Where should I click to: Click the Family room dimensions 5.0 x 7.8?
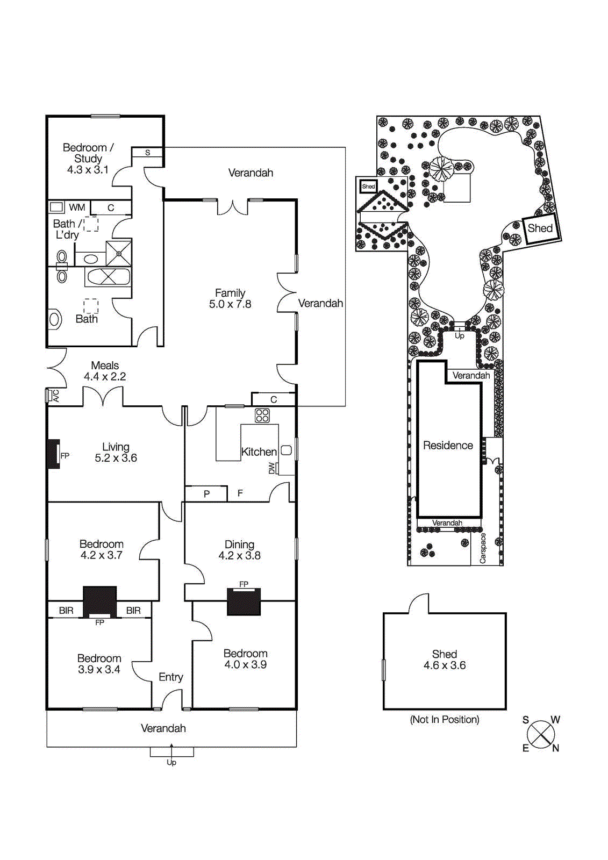click(230, 304)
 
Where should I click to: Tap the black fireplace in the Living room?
click(54, 454)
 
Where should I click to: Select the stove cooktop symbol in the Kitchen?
click(262, 415)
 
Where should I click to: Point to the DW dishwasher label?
click(272, 468)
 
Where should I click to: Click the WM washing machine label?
click(77, 207)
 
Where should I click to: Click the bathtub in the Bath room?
click(108, 277)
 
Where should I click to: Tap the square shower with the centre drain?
click(118, 253)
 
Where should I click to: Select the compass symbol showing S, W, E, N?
click(541, 734)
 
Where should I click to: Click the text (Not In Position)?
click(444, 720)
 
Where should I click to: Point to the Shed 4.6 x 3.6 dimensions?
click(445, 665)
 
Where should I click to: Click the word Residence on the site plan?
click(448, 446)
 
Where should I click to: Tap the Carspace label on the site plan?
click(483, 548)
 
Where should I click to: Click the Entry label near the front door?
click(171, 677)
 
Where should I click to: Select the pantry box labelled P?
click(206, 493)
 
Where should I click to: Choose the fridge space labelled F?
click(240, 493)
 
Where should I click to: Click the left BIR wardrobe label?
click(66, 611)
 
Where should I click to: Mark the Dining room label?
click(239, 544)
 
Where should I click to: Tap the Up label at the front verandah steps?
click(171, 762)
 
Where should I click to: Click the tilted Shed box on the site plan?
click(540, 228)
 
